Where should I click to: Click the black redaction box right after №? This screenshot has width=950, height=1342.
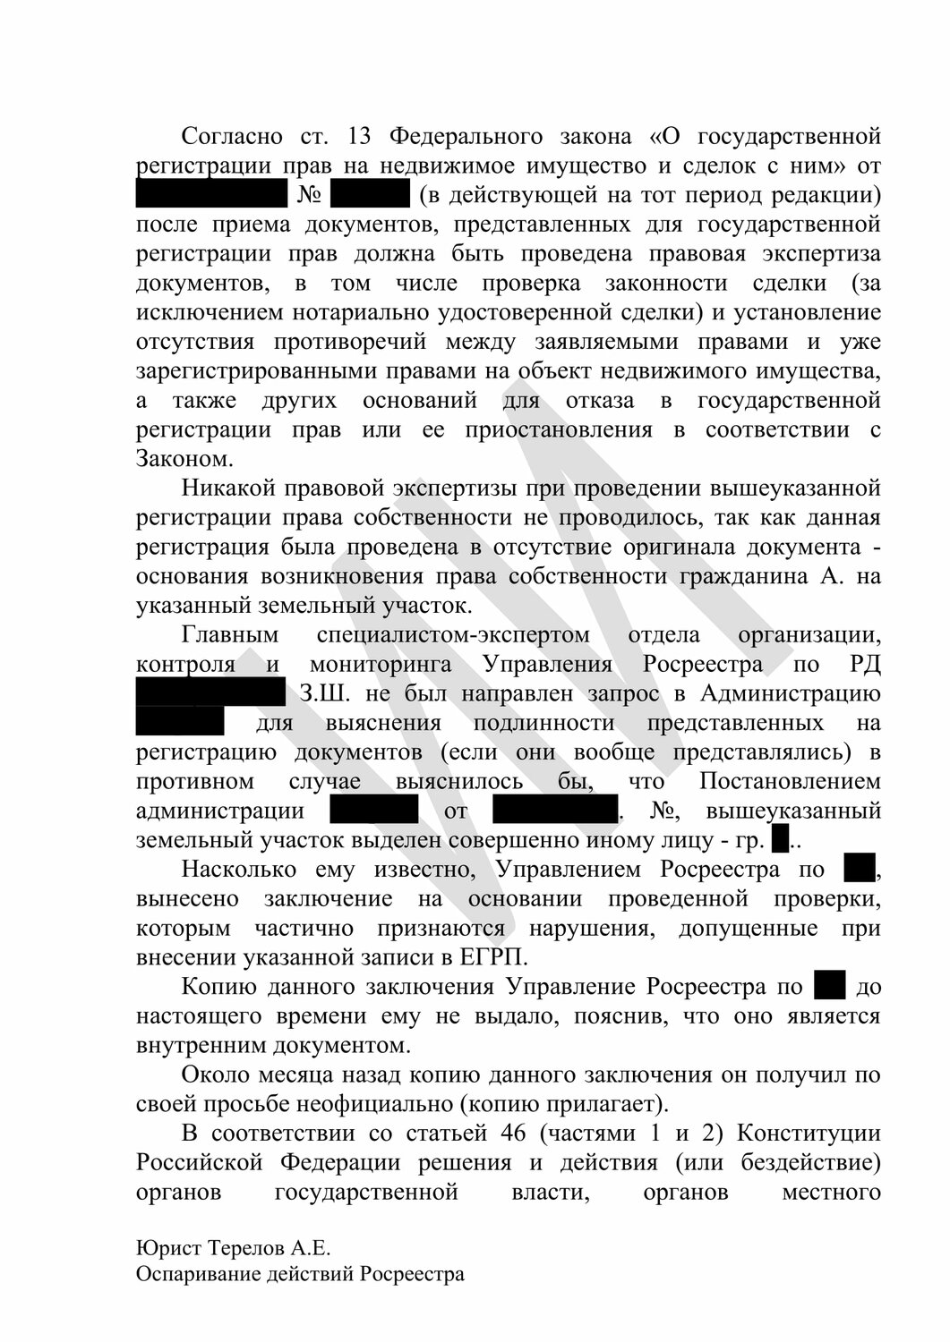pos(370,195)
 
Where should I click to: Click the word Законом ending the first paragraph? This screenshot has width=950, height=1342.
pos(184,459)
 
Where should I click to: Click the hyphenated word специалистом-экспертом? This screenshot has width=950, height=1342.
pos(453,635)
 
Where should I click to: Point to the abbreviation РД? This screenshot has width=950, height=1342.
pos(863,665)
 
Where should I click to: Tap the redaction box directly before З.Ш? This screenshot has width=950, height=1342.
pos(210,693)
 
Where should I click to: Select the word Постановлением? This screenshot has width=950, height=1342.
pos(790,781)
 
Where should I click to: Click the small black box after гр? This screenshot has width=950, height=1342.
pos(779,840)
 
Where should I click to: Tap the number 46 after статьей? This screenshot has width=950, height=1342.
pos(501,1133)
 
